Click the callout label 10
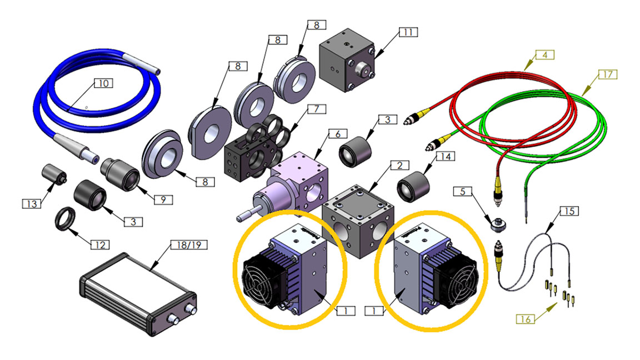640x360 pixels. click(103, 83)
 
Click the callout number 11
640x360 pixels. click(408, 33)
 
